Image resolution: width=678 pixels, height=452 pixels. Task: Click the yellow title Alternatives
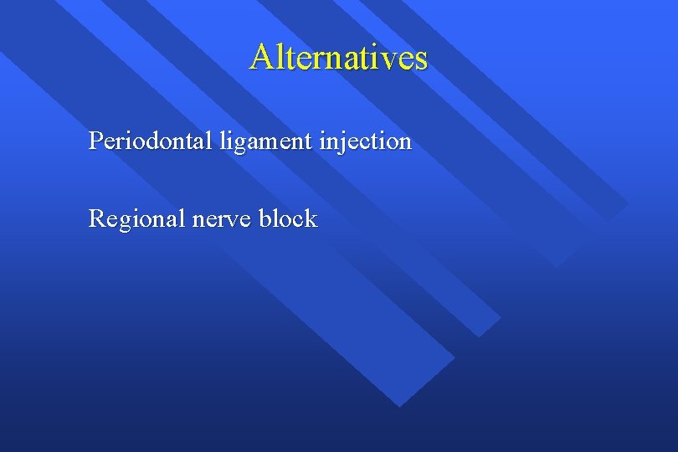coord(338,57)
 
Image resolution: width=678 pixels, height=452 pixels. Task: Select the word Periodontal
coord(152,141)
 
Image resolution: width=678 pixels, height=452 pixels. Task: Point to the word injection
coord(365,141)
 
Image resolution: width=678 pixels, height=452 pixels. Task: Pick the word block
coord(288,218)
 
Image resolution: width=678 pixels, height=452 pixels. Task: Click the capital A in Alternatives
coord(260,57)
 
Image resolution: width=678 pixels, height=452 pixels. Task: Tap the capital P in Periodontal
coord(95,141)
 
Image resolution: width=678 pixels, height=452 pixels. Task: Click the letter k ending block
coord(311,218)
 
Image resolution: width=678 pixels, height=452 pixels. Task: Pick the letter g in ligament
coord(237,144)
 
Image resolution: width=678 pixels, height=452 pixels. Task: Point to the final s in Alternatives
coord(420,59)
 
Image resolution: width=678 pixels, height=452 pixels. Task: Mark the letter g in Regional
coord(126,222)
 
